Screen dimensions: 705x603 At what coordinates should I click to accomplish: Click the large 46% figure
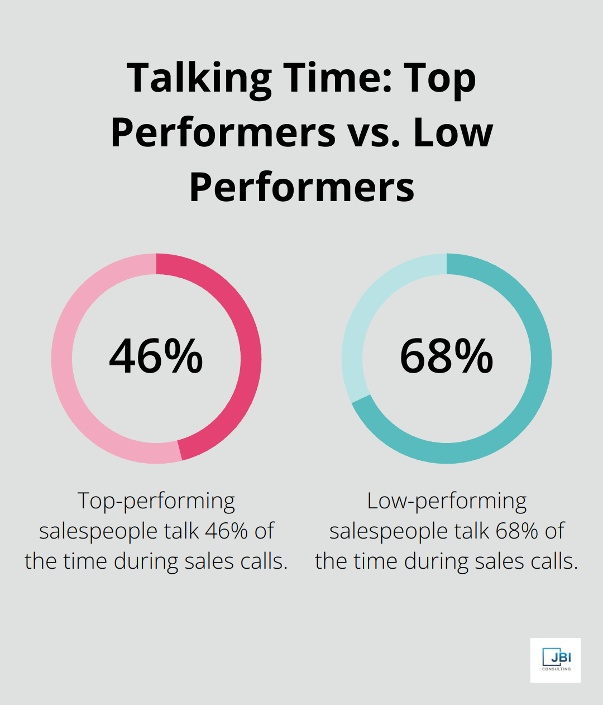[x=156, y=356]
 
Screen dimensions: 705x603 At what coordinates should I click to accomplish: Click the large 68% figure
[x=447, y=356]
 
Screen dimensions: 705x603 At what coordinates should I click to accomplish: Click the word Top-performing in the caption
[x=156, y=501]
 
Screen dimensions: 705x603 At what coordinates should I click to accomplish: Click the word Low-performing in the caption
[x=447, y=501]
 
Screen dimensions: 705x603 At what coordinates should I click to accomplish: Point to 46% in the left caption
[x=226, y=531]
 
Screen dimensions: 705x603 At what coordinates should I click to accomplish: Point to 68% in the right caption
[x=516, y=531]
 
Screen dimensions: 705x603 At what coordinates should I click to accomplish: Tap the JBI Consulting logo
[x=556, y=660]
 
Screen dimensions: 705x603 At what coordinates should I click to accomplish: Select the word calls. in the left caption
[x=264, y=561]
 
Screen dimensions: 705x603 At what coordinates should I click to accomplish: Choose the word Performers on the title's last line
[x=301, y=187]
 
